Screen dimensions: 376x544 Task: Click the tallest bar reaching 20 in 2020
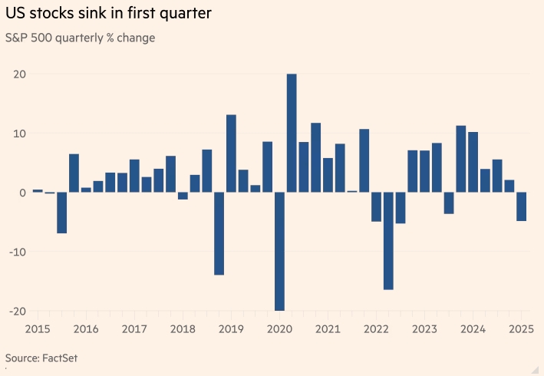click(292, 133)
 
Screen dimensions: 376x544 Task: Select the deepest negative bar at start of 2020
click(279, 251)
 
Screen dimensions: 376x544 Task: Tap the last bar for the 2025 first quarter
click(522, 206)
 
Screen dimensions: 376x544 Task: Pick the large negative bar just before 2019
click(219, 233)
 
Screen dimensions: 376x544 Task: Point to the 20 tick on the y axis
click(19, 74)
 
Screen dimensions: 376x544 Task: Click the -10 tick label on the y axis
click(17, 252)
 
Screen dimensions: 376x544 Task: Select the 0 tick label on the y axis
click(23, 193)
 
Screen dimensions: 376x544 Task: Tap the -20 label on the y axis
click(17, 311)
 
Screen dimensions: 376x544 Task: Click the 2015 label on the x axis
click(38, 329)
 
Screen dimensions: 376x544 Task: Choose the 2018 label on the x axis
click(183, 329)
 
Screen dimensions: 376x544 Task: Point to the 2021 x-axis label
click(328, 329)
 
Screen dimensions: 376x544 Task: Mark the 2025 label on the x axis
click(522, 329)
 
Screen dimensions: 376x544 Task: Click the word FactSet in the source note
click(60, 358)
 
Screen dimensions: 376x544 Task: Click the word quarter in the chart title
click(184, 14)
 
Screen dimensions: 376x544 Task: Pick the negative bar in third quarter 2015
click(61, 213)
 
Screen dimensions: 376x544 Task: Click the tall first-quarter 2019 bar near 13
click(231, 153)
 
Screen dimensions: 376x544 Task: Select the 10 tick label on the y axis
click(19, 134)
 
